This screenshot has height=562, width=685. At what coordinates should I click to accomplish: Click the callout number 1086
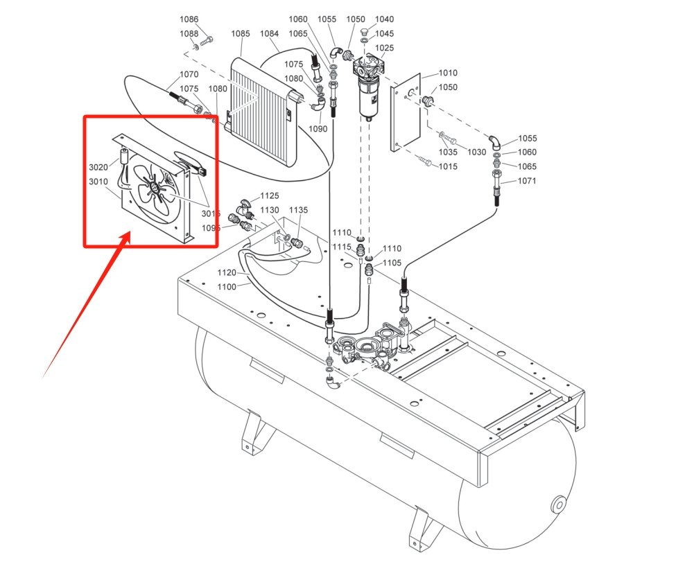pyautogui.click(x=189, y=19)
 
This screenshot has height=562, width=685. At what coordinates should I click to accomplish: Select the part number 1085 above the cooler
pyautogui.click(x=241, y=33)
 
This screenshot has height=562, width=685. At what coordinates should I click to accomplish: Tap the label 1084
pyautogui.click(x=270, y=33)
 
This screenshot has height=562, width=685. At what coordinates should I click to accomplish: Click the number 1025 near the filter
pyautogui.click(x=384, y=48)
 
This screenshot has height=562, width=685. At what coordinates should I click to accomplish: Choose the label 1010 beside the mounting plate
pyautogui.click(x=448, y=73)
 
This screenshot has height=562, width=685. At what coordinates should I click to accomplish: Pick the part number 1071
pyautogui.click(x=528, y=181)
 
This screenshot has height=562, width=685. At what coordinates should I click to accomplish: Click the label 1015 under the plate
pyautogui.click(x=448, y=166)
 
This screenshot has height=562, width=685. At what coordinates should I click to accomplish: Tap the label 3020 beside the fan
pyautogui.click(x=98, y=168)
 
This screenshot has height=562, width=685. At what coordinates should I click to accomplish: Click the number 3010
pyautogui.click(x=98, y=182)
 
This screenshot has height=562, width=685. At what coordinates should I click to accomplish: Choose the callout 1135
pyautogui.click(x=298, y=210)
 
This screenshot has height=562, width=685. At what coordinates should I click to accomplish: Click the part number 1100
pyautogui.click(x=227, y=286)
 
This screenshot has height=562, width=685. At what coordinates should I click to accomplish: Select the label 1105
pyautogui.click(x=392, y=262)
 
